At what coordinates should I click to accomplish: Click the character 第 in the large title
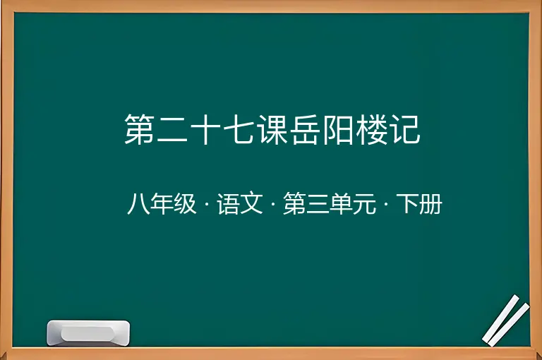coord(139,129)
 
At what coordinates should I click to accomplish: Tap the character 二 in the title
coord(172,129)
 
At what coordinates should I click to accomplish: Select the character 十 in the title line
coord(205,129)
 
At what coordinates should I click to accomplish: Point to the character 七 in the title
coord(239,129)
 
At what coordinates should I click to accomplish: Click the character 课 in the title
coord(272,129)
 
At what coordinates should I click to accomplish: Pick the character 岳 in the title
coord(305,129)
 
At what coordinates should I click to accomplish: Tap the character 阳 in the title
coord(338,129)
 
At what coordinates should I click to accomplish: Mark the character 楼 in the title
coord(371,129)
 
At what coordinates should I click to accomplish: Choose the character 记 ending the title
coord(404,129)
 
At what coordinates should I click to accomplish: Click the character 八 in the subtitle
coord(138,204)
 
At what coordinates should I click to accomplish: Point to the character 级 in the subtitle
coord(185,204)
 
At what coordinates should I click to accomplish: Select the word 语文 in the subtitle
coord(240,204)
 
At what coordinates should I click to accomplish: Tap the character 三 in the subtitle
coord(318,204)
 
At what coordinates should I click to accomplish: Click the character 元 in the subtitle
coord(364,204)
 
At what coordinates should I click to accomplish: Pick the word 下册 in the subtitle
coord(419,204)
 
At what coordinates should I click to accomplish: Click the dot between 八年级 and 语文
coord(207,204)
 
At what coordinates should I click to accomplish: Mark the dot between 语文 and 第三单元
coord(273,204)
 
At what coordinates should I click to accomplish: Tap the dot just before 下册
coord(386,204)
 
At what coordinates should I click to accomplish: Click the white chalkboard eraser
coord(88,332)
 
